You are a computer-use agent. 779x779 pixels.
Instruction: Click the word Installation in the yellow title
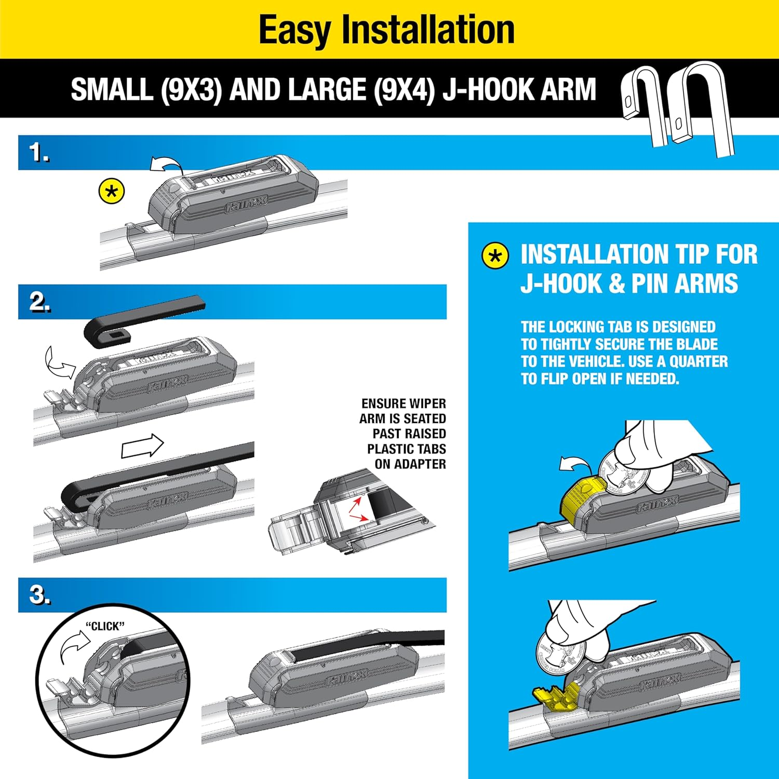(x=428, y=30)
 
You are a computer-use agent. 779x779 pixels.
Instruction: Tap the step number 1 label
(x=39, y=153)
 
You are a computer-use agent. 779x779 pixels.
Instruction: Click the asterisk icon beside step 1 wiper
(x=112, y=192)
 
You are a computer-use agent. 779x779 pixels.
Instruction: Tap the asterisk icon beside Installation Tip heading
(x=495, y=256)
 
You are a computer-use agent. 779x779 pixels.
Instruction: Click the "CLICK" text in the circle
(x=105, y=626)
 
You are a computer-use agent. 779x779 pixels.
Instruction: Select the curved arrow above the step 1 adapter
(x=166, y=165)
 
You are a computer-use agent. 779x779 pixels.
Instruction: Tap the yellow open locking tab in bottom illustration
(x=556, y=696)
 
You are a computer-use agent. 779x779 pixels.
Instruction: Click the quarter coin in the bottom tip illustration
(x=561, y=652)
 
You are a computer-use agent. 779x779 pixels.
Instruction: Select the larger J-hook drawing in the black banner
(x=704, y=106)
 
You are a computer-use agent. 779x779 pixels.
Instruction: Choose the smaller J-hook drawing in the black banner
(x=644, y=104)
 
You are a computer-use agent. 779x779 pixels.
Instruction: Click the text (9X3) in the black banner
(x=191, y=90)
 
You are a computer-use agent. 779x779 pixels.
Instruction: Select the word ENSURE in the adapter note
(x=383, y=404)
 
